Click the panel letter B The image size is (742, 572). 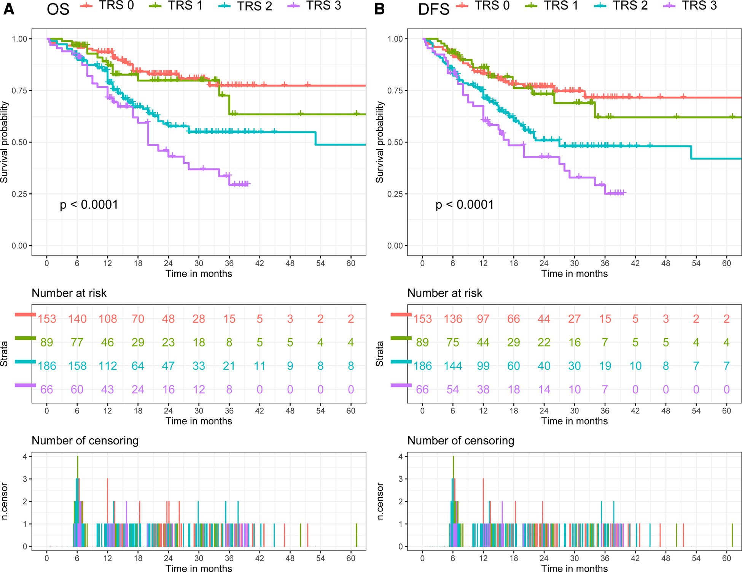tap(379, 9)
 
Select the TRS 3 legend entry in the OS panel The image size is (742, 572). tap(323, 5)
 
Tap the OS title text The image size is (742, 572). tap(58, 9)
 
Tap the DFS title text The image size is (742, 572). tap(433, 9)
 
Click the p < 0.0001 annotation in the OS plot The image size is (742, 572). tap(89, 205)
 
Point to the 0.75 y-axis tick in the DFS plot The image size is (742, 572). tap(395, 91)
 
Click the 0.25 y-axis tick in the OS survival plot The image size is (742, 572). tap(19, 194)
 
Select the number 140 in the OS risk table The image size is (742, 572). tap(77, 319)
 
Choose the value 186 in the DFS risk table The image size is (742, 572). tap(422, 366)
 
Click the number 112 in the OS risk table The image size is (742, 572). tap(108, 366)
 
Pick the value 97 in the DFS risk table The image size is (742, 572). tap(483, 319)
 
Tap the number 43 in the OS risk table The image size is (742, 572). tap(107, 390)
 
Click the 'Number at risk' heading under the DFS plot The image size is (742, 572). tap(444, 293)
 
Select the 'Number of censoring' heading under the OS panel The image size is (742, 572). tap(85, 441)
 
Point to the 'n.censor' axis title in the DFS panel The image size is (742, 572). tap(380, 501)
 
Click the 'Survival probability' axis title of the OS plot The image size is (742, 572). tap(4, 142)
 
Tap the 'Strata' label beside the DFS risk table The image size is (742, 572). tap(379, 354)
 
